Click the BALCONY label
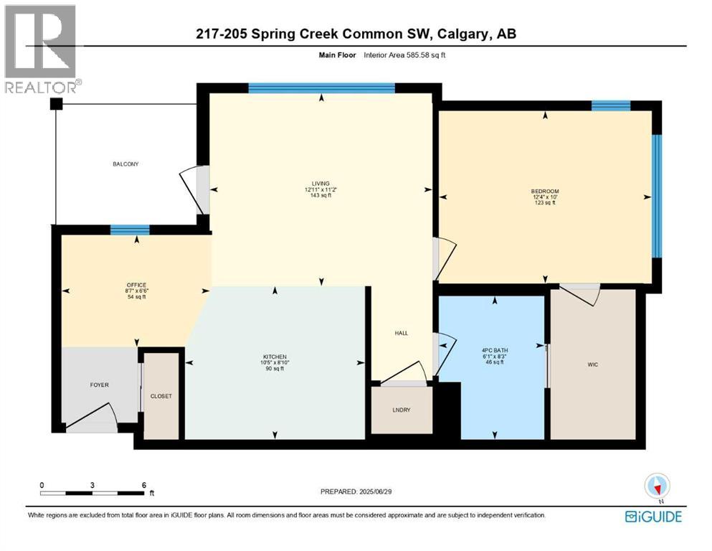click(x=125, y=164)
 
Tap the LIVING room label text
click(x=321, y=184)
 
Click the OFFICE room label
click(x=136, y=285)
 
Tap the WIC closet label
click(x=592, y=364)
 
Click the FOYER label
click(x=99, y=385)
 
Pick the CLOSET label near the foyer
click(x=161, y=396)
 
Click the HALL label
click(x=402, y=333)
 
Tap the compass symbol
click(x=657, y=487)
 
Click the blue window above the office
click(x=130, y=230)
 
